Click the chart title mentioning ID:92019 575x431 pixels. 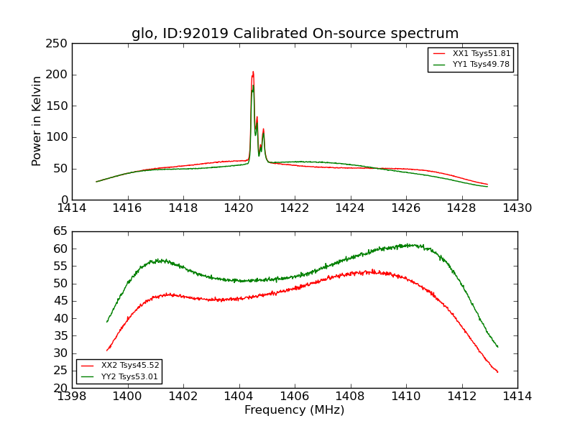point(295,34)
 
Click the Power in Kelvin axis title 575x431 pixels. point(37,121)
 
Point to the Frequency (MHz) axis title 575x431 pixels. point(295,410)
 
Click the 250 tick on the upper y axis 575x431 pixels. point(59,44)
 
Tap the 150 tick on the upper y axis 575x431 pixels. point(59,106)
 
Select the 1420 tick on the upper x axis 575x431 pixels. point(239,208)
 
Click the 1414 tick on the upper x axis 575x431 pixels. point(72,208)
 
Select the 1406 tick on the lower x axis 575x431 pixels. point(295,396)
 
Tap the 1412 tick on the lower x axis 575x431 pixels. point(461,396)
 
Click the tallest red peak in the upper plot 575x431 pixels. point(253,72)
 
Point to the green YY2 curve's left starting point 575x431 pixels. point(107,322)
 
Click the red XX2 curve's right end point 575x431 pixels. point(497,372)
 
